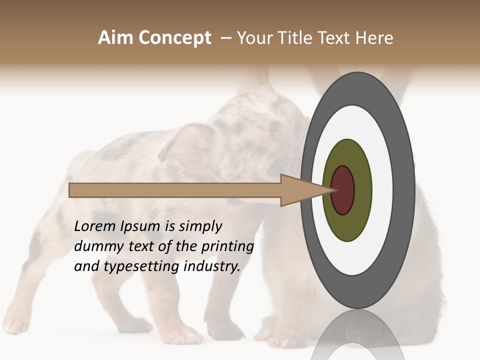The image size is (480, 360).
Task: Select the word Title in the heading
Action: [x=298, y=38]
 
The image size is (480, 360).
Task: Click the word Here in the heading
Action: [x=374, y=38]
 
